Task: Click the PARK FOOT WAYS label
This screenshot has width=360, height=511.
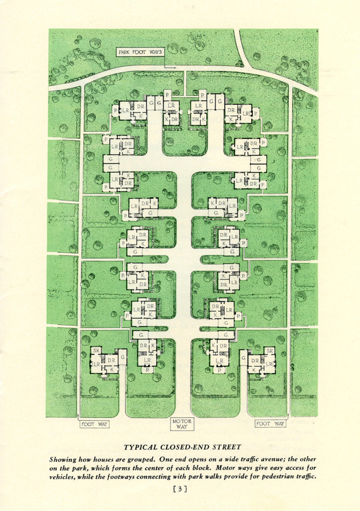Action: coord(141,52)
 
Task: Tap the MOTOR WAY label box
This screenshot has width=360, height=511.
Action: coord(182,425)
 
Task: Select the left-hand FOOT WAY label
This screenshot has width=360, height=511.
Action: coord(95,424)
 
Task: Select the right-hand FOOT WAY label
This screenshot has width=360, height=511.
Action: coord(270,424)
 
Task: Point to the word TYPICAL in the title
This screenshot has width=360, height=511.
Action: coord(141,447)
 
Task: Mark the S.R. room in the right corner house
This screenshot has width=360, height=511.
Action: coord(269,351)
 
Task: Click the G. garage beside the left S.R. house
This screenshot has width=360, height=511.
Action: coord(122,357)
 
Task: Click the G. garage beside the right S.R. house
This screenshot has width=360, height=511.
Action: coord(244,357)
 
